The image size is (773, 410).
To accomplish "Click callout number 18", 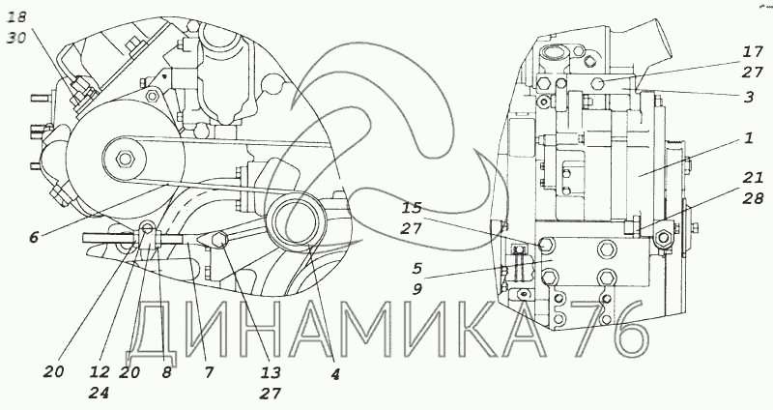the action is [x=16, y=17].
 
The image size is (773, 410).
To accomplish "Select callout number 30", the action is [x=16, y=38].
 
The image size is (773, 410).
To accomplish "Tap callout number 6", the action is [x=33, y=237].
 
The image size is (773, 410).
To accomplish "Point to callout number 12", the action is [x=100, y=372].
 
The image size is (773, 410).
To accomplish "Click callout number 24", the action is [x=100, y=394].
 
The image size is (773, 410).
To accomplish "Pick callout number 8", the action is [x=166, y=372].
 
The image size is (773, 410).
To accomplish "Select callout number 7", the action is [x=209, y=372].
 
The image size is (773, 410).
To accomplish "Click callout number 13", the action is [x=271, y=372].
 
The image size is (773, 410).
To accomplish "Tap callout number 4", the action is [x=335, y=375].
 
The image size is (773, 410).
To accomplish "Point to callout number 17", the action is [x=753, y=51].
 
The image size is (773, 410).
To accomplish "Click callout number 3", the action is [x=749, y=97].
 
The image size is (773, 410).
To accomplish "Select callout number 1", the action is [x=748, y=138].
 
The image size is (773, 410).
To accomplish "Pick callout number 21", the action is [x=753, y=177].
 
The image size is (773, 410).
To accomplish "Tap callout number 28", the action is [x=753, y=198].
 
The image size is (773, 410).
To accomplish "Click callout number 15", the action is [x=412, y=208].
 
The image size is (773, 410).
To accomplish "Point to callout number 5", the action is [x=417, y=268].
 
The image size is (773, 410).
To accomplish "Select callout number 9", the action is [x=417, y=288].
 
